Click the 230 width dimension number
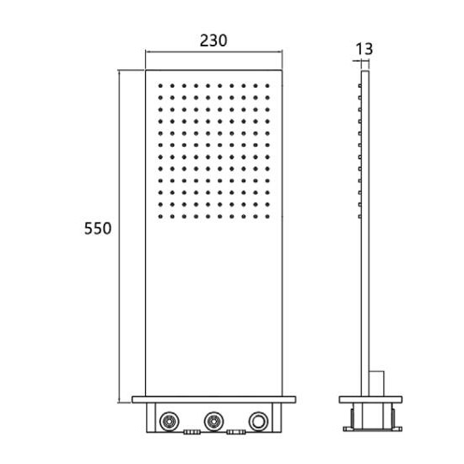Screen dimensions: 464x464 point(213,40)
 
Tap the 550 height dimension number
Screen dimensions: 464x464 point(98,229)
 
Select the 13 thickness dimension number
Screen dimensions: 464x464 point(364,49)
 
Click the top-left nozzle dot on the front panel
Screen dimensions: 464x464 point(160,86)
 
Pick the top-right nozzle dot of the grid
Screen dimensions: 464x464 point(267,86)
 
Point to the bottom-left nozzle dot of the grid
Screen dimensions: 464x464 point(160,217)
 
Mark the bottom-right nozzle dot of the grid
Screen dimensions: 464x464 point(267,217)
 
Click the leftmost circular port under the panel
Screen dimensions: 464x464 point(170,421)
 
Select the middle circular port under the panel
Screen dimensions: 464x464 point(213,421)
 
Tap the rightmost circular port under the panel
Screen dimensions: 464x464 point(258,421)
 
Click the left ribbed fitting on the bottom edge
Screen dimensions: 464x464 point(192,432)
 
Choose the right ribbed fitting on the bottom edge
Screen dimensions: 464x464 point(236,432)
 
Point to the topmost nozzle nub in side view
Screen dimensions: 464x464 point(360,86)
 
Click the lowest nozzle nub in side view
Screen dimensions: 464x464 point(360,217)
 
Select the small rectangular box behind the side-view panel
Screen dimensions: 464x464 point(377,384)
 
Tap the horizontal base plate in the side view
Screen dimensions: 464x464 point(370,400)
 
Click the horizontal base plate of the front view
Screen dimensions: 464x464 point(213,400)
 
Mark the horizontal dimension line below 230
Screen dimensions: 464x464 point(213,51)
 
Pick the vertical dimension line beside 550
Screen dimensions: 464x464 point(120,236)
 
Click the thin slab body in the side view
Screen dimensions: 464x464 point(365,233)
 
